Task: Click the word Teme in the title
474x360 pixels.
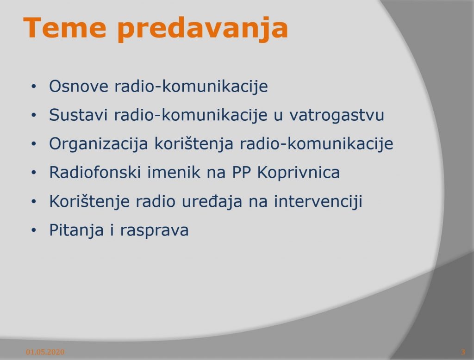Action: (65, 28)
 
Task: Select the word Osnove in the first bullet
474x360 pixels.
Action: (79, 86)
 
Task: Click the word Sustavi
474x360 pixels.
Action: (78, 115)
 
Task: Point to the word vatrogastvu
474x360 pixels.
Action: (337, 115)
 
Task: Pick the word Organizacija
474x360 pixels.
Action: (99, 144)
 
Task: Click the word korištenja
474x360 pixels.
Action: (194, 144)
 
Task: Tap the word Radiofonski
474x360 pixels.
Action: (95, 172)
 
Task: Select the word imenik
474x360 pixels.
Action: (174, 172)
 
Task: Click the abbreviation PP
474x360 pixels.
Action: (242, 173)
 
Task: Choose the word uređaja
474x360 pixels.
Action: (212, 201)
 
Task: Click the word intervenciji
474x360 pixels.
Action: (318, 201)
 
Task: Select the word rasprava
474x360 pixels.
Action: (155, 231)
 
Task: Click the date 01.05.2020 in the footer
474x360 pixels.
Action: (45, 352)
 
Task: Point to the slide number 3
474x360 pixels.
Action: (463, 352)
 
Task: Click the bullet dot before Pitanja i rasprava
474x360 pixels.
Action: (33, 230)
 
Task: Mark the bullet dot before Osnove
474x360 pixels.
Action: (33, 87)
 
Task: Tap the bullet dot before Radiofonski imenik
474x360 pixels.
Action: (33, 173)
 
